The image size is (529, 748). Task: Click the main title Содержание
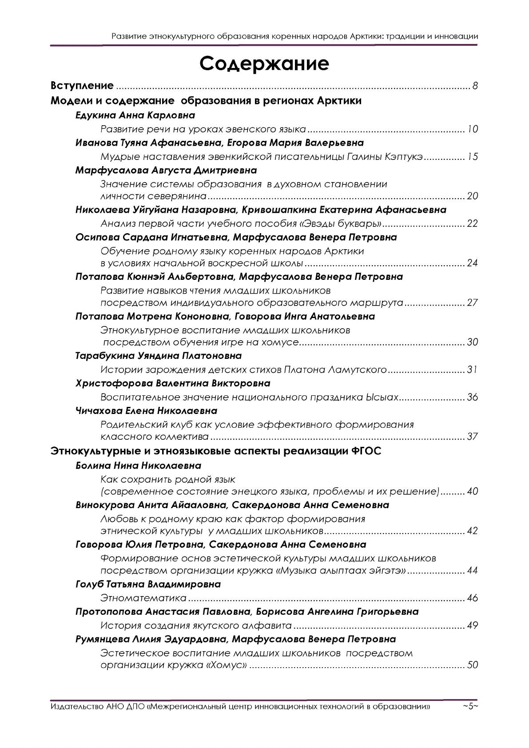(x=264, y=64)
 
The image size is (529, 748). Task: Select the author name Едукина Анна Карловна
(x=135, y=115)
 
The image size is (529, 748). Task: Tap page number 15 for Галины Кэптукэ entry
(x=473, y=157)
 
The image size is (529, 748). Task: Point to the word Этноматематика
(x=143, y=598)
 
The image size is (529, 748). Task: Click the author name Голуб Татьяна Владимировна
(x=148, y=584)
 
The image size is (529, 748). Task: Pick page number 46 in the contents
(x=473, y=598)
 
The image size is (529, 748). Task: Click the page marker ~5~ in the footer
(x=470, y=706)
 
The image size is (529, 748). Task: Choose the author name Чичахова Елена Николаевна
(x=147, y=410)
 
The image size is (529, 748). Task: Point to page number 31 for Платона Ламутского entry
(x=472, y=370)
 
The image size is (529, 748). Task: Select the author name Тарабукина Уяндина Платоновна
(x=159, y=356)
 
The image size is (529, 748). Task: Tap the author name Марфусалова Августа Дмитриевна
(x=166, y=170)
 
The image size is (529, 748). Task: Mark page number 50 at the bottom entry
(x=473, y=665)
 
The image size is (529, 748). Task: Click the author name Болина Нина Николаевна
(x=139, y=466)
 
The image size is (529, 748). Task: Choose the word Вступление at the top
(x=83, y=86)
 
